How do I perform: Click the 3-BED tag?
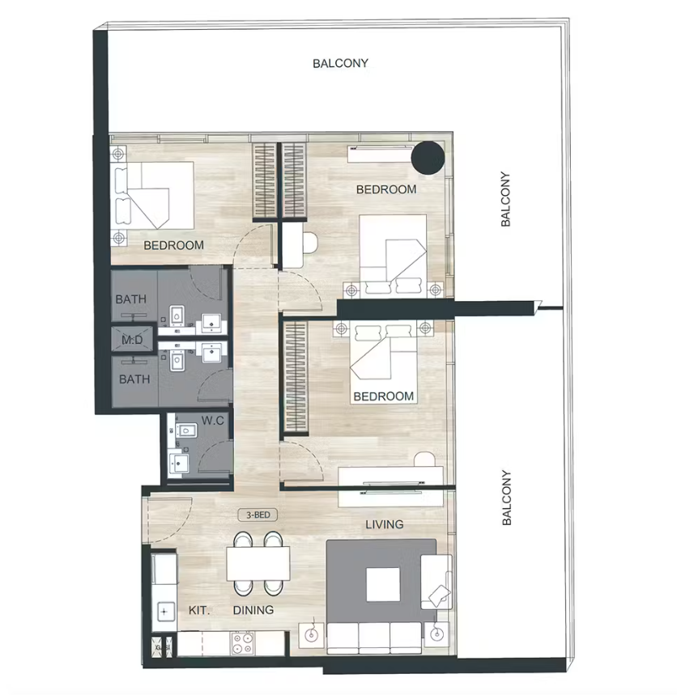point(258,515)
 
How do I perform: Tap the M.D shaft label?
point(132,340)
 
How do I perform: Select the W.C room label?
point(213,421)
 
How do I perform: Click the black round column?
point(428,158)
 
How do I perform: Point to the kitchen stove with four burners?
point(242,643)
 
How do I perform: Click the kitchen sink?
point(164,612)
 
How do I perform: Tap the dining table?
point(258,563)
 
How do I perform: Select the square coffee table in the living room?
point(383,585)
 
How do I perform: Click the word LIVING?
point(384,524)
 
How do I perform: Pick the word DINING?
point(253,610)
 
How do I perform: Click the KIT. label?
point(199,610)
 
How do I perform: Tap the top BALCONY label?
point(340,63)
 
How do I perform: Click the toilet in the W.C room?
point(186,430)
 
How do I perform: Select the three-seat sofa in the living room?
point(374,638)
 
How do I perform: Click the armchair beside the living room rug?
point(436,582)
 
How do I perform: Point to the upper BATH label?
point(131,299)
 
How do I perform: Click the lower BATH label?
point(134,379)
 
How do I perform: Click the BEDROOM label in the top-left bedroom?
point(174,245)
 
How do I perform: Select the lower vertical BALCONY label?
point(507,498)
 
